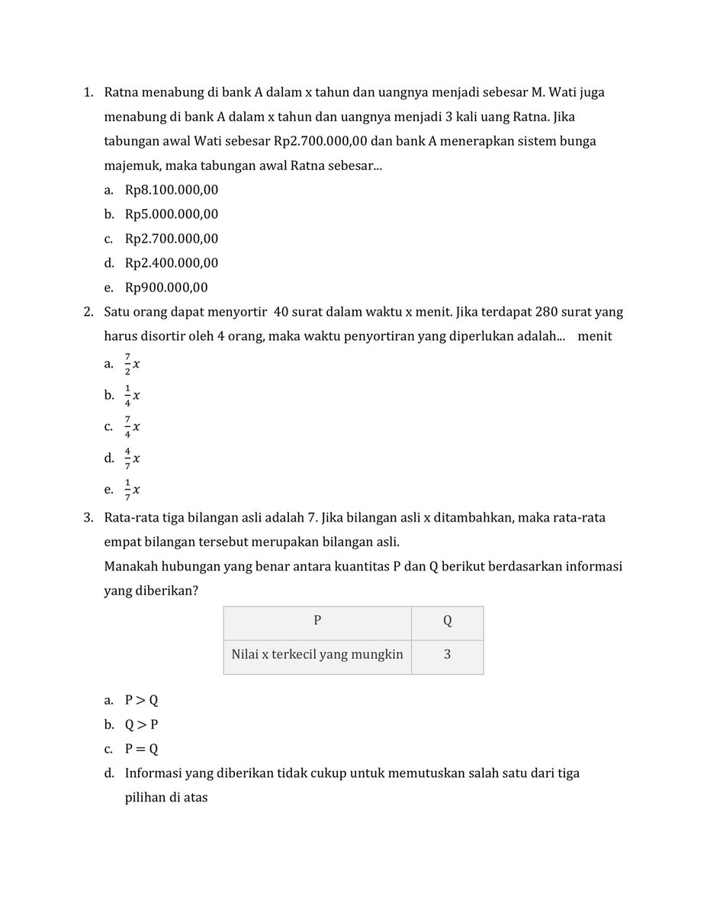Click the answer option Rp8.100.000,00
[172, 190]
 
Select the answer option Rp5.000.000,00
[172, 214]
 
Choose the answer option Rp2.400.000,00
[172, 263]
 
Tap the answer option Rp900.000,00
[166, 287]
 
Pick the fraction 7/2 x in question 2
[133, 364]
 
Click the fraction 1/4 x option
[133, 396]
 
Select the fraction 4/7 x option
[133, 458]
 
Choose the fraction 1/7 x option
[133, 490]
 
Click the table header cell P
[317, 621]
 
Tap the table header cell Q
[447, 621]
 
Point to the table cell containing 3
[447, 654]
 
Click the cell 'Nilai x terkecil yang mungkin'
[317, 654]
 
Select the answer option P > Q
[141, 700]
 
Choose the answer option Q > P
[141, 724]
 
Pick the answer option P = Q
[141, 749]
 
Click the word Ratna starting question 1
[122, 92]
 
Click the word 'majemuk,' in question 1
[130, 165]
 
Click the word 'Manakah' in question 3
[130, 567]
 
